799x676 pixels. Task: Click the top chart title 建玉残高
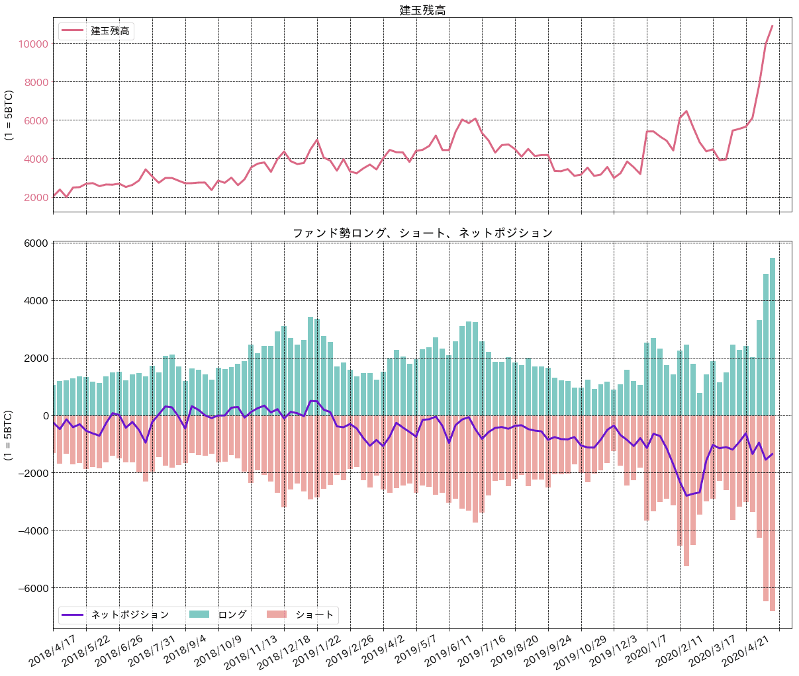[422, 10]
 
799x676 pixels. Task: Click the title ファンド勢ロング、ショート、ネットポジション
[422, 233]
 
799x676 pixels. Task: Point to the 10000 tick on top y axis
[33, 44]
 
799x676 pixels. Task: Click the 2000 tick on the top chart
[36, 197]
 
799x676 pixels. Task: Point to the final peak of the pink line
[772, 26]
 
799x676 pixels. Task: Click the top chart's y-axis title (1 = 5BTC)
[9, 115]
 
